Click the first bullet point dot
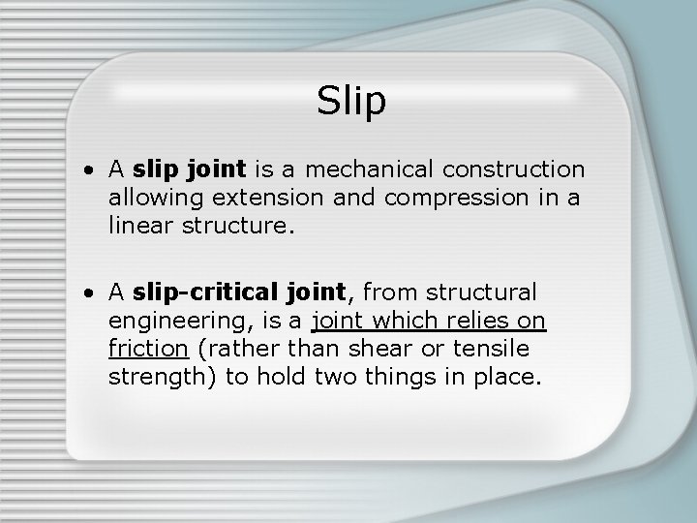click(88, 171)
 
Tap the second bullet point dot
click(88, 292)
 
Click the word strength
click(160, 375)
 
